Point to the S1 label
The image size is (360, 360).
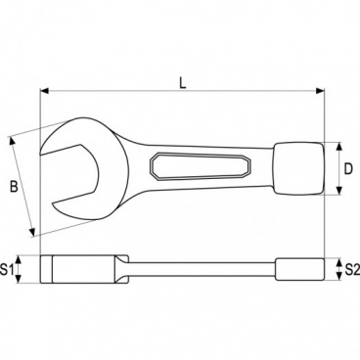(11, 267)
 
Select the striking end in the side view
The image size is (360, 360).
(300, 267)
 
